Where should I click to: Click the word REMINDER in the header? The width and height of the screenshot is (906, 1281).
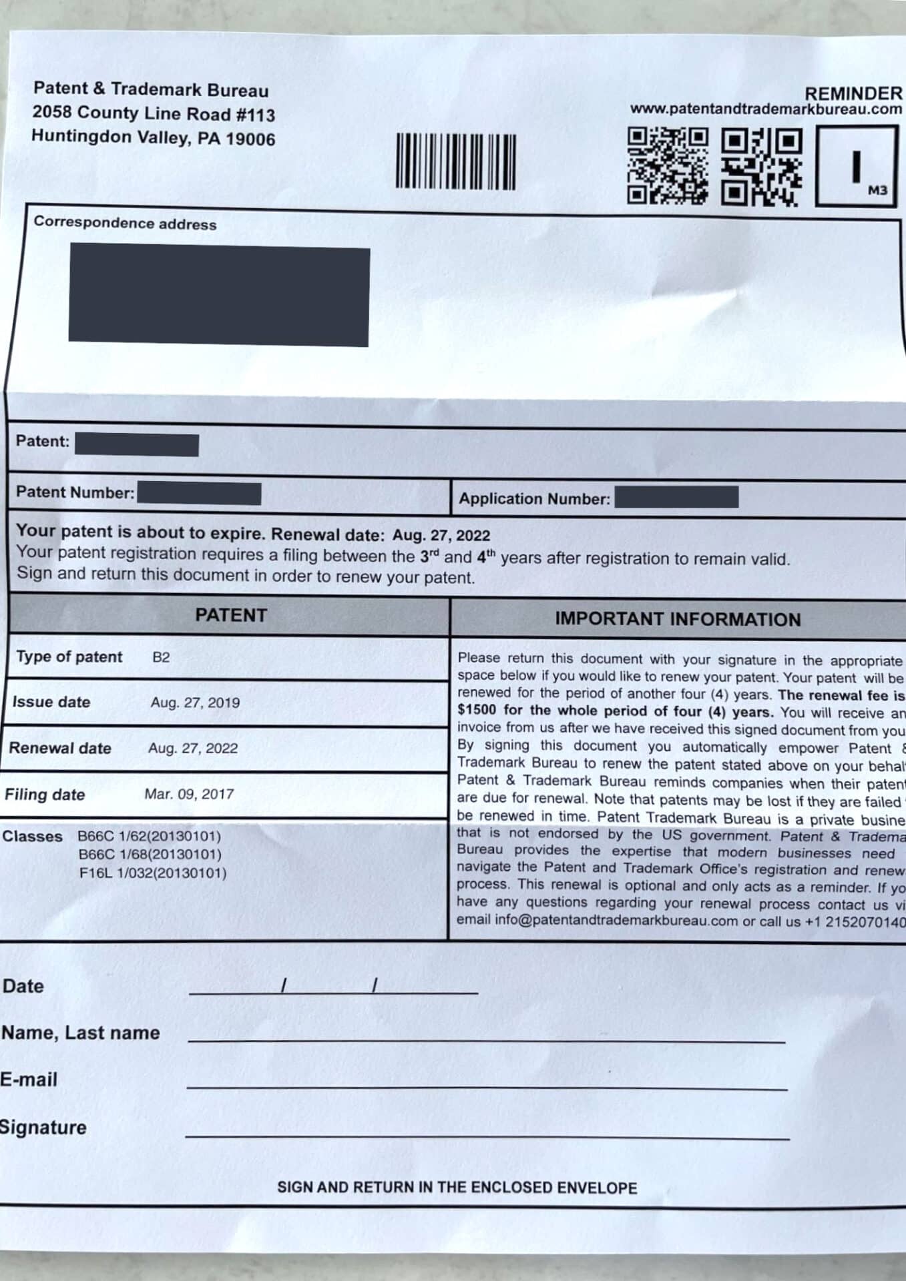(853, 93)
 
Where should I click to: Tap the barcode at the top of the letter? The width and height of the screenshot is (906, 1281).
(456, 161)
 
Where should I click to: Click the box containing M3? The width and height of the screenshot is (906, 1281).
(857, 166)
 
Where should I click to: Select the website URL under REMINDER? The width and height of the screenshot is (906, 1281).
(765, 109)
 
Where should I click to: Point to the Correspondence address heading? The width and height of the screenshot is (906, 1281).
(125, 224)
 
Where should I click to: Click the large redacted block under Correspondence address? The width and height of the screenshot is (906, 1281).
(219, 295)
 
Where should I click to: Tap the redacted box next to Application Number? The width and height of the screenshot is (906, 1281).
(676, 497)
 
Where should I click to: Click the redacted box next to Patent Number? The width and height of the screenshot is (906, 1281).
(199, 494)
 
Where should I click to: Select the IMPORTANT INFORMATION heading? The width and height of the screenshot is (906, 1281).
(678, 619)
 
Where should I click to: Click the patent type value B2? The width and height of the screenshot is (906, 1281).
(161, 657)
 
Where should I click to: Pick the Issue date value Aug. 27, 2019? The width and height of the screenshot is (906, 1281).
(195, 703)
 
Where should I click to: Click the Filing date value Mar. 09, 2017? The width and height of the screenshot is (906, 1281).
(189, 794)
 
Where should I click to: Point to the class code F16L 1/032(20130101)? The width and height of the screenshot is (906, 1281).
(152, 873)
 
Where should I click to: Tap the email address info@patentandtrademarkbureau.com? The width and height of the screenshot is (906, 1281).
(597, 921)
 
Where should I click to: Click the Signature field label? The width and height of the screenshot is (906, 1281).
(43, 1128)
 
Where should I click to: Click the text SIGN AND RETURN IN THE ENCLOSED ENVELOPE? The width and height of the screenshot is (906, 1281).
(457, 1188)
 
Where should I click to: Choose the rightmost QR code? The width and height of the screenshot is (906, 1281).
(762, 167)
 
